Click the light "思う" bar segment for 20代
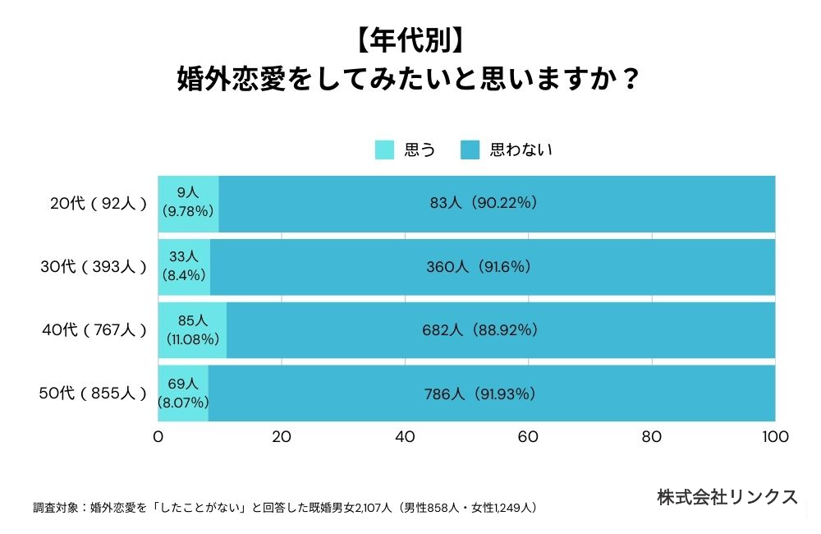click(189, 204)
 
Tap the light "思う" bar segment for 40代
click(192, 330)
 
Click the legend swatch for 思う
click(384, 150)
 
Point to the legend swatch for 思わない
click(470, 150)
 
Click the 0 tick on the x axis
click(158, 437)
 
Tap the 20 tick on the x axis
click(282, 437)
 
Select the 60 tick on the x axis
click(529, 437)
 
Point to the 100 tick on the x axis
click(775, 437)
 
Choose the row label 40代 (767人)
click(94, 330)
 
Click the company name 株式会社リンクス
click(727, 497)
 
